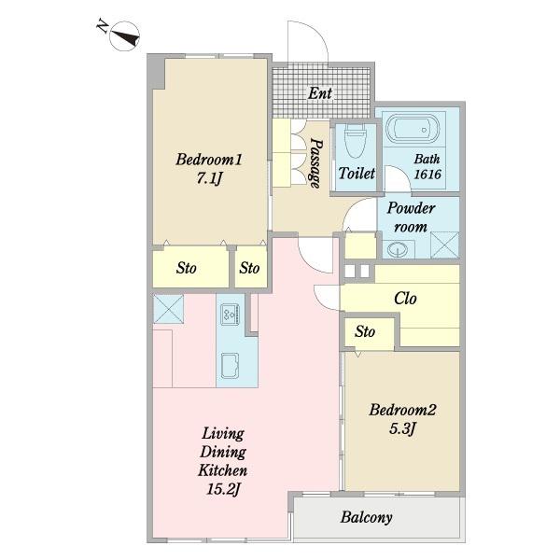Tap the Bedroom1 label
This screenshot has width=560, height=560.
pos(209,160)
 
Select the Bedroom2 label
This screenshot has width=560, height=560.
pos(402,410)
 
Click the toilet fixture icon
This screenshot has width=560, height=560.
pos(356,141)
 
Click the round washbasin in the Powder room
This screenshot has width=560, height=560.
pos(399,249)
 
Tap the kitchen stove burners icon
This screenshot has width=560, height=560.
pos(231,315)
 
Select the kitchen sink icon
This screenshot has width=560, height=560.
pos(230,365)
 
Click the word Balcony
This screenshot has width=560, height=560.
pos(367,517)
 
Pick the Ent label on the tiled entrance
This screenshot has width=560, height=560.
pos(320,93)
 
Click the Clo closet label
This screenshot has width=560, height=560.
pos(405,299)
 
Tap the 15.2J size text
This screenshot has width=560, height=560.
pos(223,489)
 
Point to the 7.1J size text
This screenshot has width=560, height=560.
pos(209,177)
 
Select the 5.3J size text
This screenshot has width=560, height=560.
pos(402,428)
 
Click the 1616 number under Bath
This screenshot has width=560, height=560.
pos(427,175)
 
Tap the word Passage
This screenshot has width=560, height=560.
pos(315,163)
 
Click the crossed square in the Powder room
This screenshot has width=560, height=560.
pos(444,245)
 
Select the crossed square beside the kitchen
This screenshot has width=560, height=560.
pos(168,309)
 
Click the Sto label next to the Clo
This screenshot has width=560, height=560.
pos(365,331)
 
